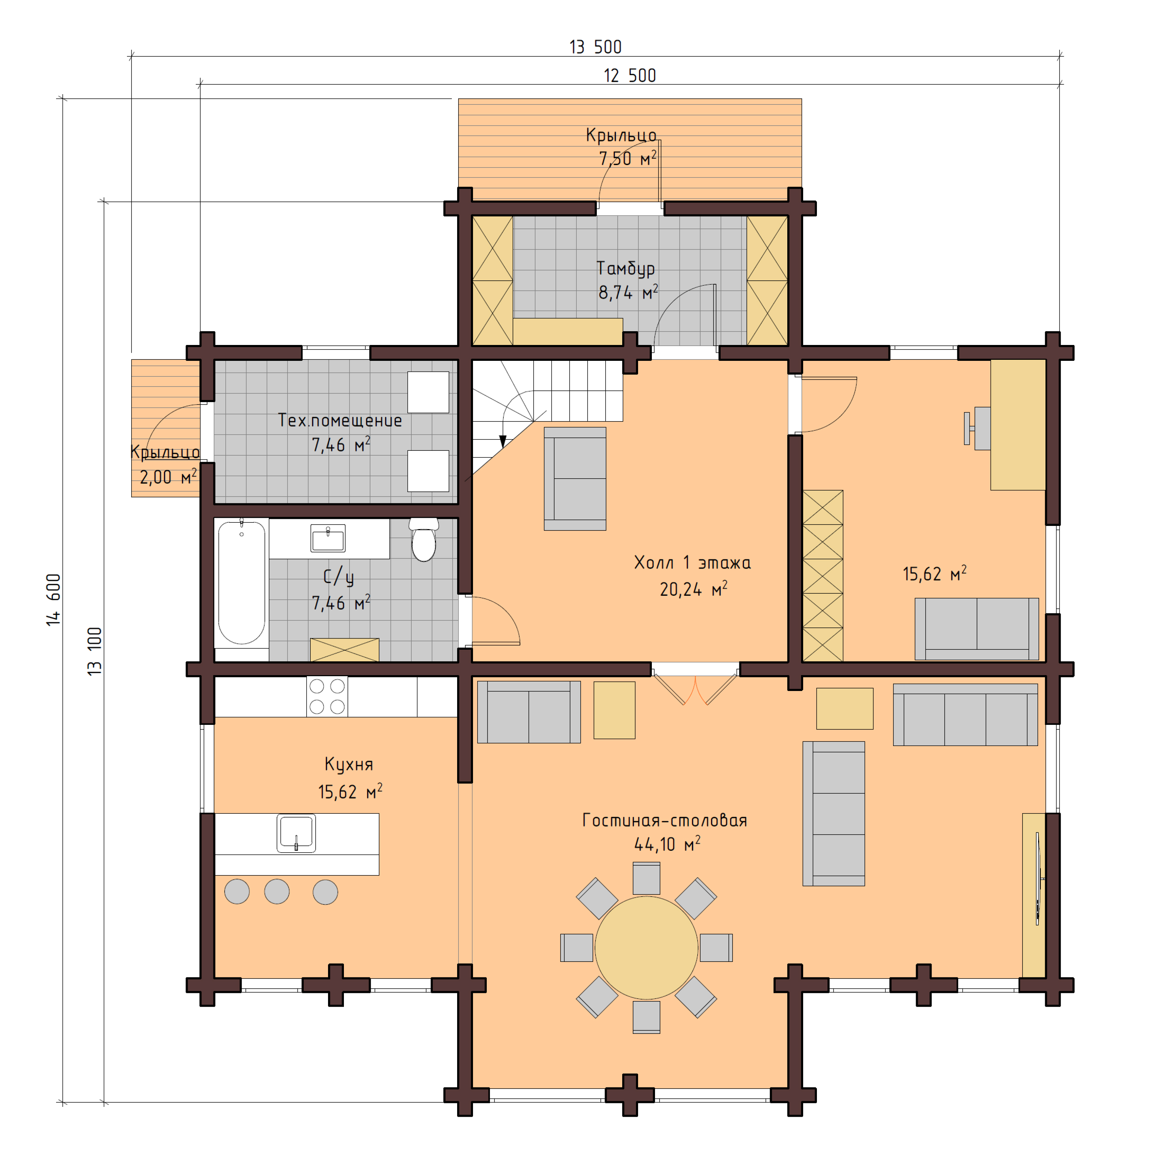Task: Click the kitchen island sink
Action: pos(296,833)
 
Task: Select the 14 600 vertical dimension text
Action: pos(54,600)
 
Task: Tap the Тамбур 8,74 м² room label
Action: pos(626,280)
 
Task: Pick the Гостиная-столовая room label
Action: pos(665,820)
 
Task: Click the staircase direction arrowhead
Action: pos(503,441)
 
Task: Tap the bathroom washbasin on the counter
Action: pos(328,538)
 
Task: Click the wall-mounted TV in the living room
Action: pos(1037,878)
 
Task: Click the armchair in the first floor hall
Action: pos(575,479)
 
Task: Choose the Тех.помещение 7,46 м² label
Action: pos(340,432)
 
